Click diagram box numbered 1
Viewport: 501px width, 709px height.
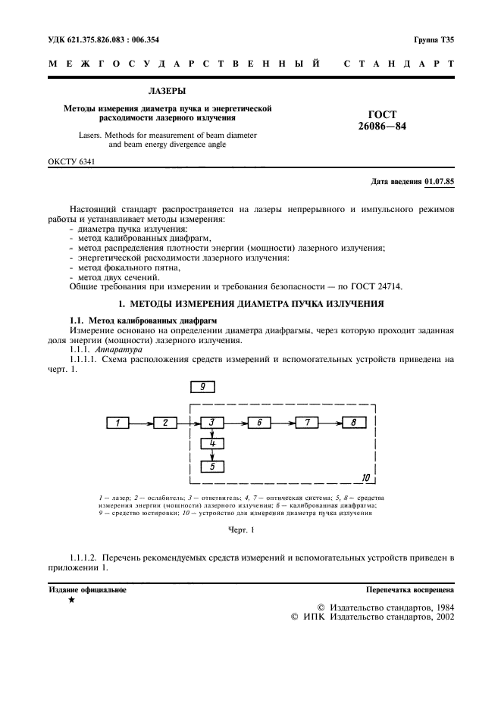tap(117, 423)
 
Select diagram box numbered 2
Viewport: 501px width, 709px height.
tap(164, 423)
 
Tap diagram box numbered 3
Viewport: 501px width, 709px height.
tap(213, 423)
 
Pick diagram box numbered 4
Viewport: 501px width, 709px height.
tap(213, 444)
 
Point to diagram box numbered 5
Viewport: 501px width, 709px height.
tap(213, 467)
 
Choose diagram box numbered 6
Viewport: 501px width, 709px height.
tap(259, 423)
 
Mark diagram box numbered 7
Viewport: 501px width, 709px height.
tap(306, 423)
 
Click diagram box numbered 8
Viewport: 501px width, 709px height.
tap(353, 423)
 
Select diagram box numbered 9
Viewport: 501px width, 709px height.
tap(202, 387)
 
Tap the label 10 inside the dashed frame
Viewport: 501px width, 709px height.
tap(366, 478)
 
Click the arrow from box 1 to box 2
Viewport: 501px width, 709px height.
tap(141, 423)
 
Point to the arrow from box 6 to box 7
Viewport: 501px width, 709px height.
tap(283, 423)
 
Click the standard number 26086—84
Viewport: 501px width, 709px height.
tap(382, 126)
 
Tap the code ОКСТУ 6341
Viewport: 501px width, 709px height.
tap(71, 162)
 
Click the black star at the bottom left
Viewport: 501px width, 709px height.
tap(71, 600)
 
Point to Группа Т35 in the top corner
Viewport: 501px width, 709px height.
tap(434, 39)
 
